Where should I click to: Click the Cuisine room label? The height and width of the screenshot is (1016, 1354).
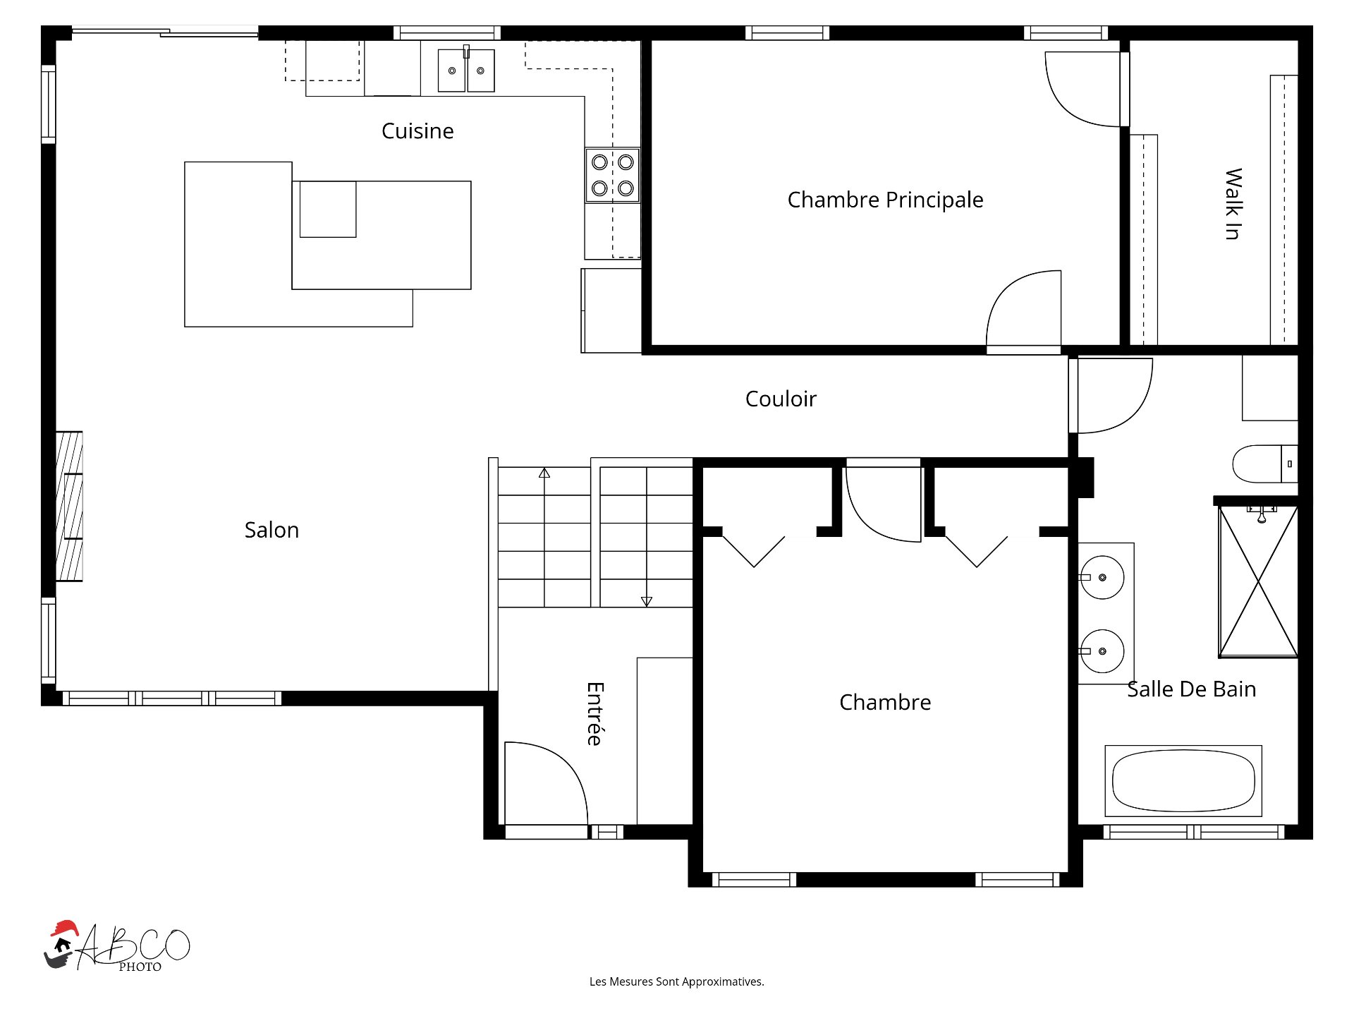(x=417, y=131)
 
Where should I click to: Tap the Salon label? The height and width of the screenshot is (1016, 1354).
(x=272, y=530)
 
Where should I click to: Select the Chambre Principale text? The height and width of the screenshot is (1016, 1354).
(x=885, y=200)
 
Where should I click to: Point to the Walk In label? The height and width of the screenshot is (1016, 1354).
(x=1233, y=204)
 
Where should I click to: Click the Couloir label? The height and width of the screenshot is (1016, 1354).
(x=781, y=399)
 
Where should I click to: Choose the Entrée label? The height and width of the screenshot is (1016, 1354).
(x=595, y=713)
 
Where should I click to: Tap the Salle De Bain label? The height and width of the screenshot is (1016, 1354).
(x=1191, y=689)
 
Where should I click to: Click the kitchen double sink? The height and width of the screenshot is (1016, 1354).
(x=466, y=70)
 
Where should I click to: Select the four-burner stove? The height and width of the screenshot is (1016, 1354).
(x=612, y=175)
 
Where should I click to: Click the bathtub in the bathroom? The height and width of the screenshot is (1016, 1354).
(x=1183, y=781)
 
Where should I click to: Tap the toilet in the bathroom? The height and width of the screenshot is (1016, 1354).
(x=1264, y=464)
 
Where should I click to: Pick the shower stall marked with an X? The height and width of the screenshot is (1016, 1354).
(x=1259, y=581)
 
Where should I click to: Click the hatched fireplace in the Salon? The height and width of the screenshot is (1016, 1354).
(x=69, y=506)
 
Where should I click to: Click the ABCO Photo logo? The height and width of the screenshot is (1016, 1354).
(x=117, y=946)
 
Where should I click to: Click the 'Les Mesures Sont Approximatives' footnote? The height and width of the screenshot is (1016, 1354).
(x=677, y=981)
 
